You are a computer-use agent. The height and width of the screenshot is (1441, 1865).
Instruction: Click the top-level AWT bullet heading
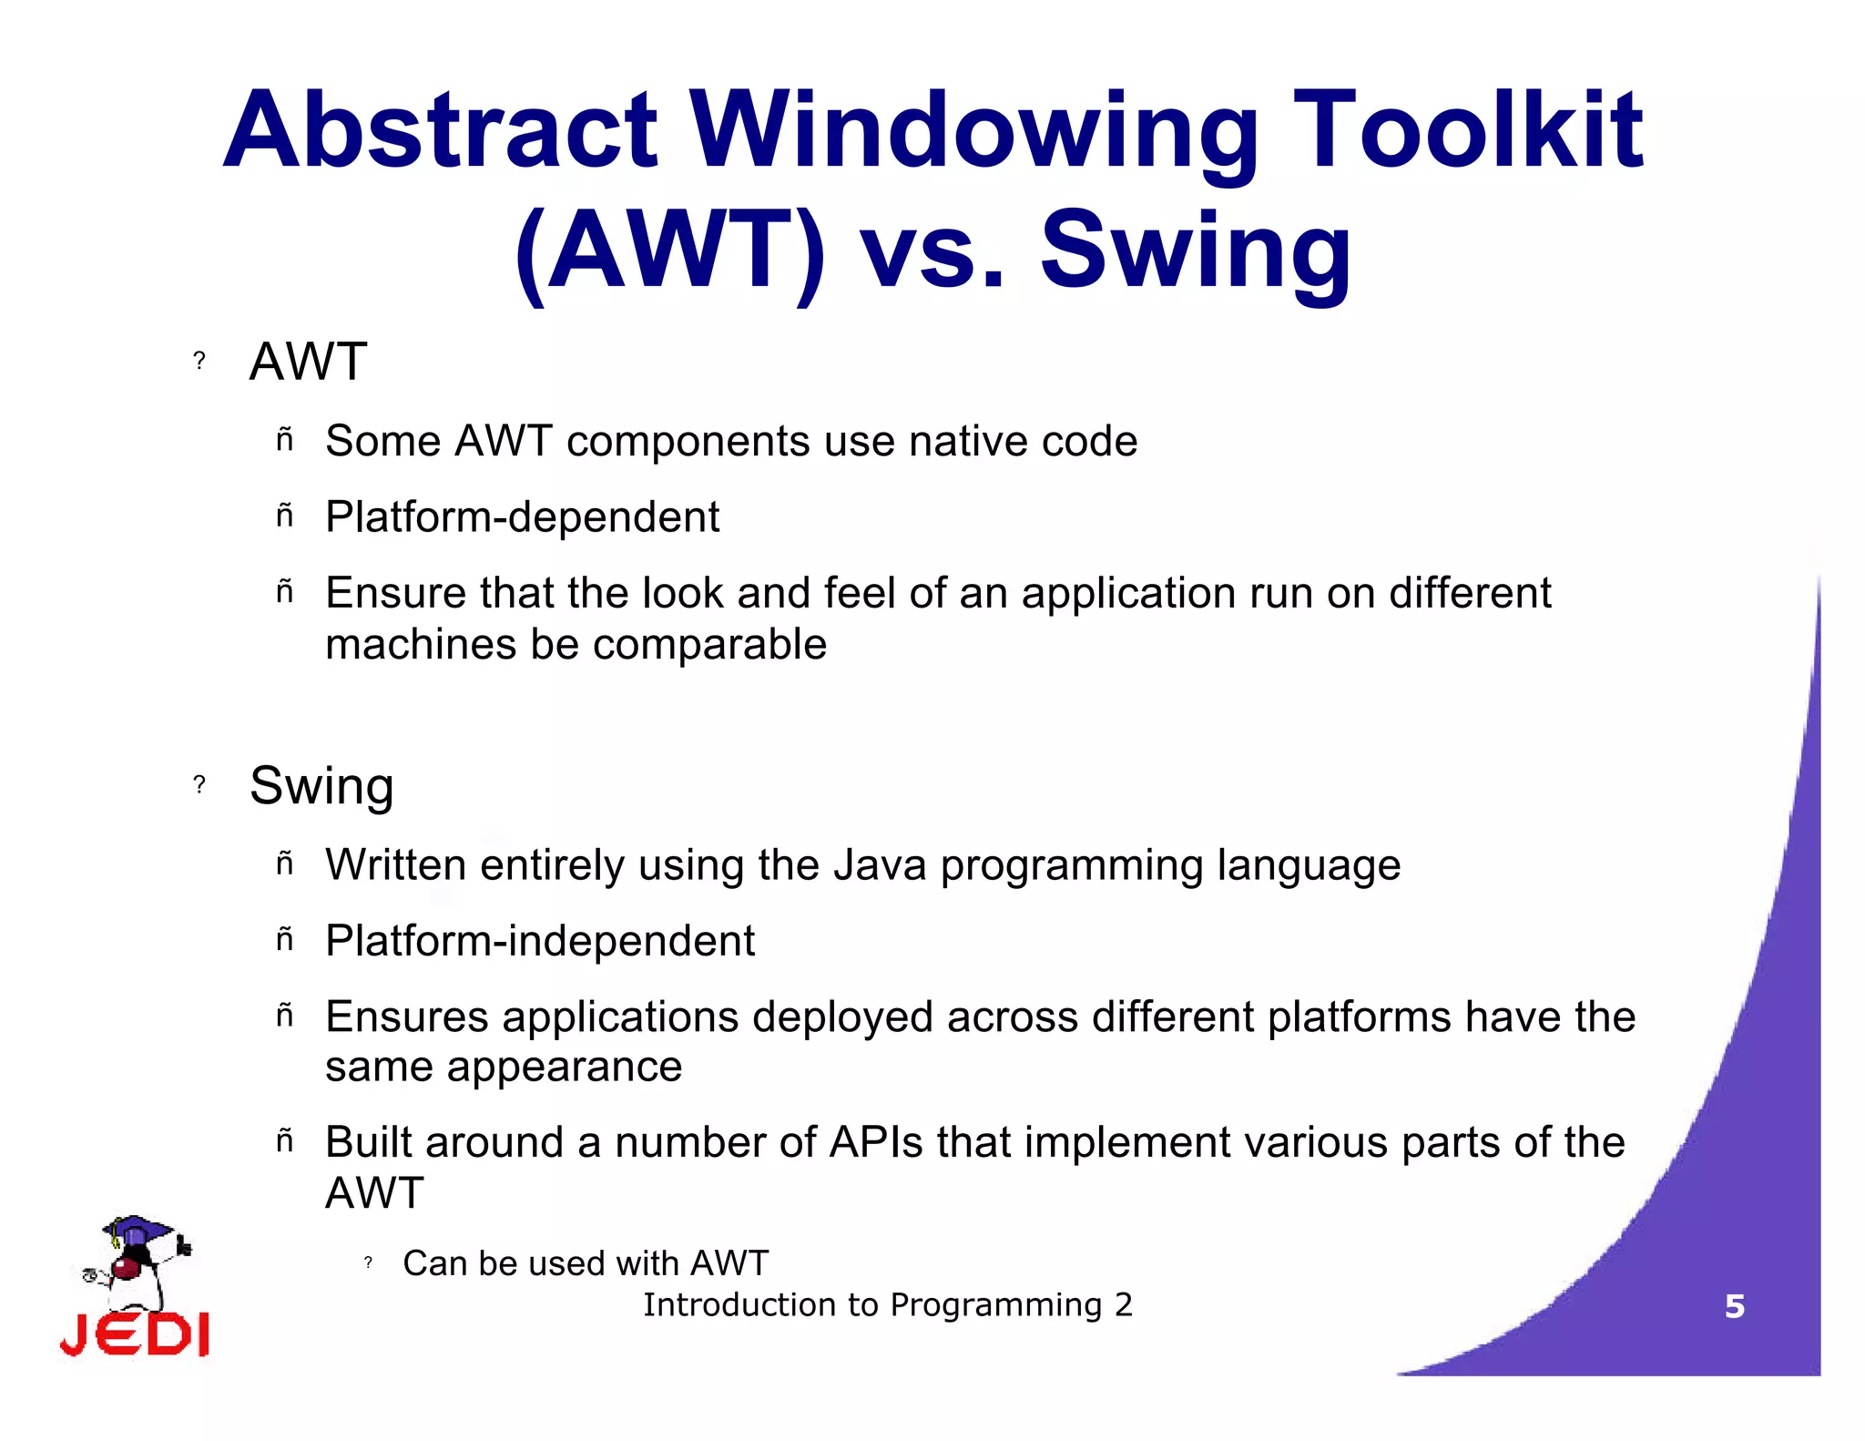coord(308,362)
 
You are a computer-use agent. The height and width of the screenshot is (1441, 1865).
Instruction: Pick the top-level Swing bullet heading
coord(321,785)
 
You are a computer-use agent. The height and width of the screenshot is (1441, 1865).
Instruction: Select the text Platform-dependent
coord(522,517)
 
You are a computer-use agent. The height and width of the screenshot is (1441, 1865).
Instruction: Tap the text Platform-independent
coord(540,941)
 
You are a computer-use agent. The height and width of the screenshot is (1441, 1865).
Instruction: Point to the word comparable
coord(709,645)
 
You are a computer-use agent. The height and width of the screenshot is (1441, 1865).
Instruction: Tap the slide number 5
coord(1734,1307)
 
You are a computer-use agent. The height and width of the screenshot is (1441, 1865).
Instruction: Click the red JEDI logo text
coord(135,1335)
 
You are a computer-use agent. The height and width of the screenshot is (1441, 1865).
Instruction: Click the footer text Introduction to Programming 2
coord(888,1305)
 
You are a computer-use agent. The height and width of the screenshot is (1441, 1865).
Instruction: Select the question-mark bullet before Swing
coord(199,784)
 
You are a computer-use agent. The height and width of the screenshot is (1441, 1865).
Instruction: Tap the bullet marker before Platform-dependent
coord(285,516)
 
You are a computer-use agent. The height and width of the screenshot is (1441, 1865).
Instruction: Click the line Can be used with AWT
coord(586,1263)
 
